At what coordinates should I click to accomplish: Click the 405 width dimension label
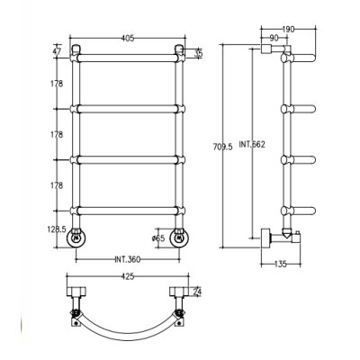[x=128, y=38]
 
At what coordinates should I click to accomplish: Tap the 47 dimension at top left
[x=57, y=50]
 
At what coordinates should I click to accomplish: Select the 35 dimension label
[x=198, y=54]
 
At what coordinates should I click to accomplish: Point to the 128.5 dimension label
[x=57, y=229]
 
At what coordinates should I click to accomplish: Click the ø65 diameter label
[x=158, y=238]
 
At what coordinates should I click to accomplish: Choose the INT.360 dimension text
[x=127, y=259]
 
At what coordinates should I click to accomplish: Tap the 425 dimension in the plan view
[x=128, y=276]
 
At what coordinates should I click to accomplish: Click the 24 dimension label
[x=197, y=292]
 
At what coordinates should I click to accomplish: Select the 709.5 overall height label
[x=223, y=147]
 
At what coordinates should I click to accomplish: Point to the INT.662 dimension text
[x=252, y=144]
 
